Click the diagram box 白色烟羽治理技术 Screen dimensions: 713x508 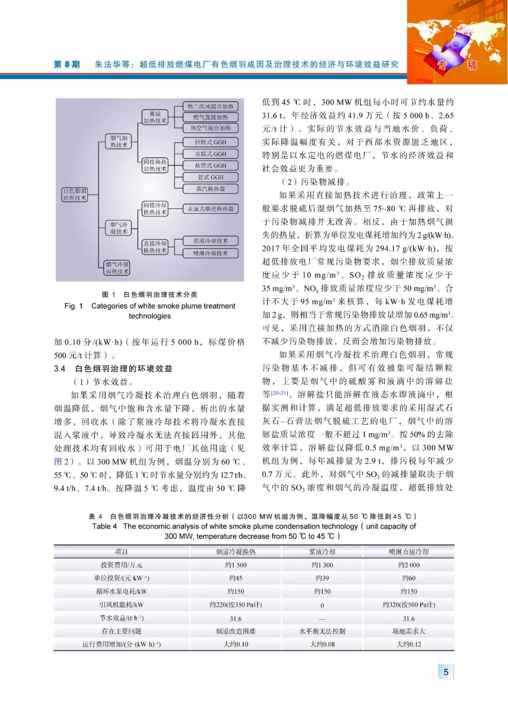point(75,194)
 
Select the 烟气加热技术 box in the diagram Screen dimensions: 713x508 point(119,141)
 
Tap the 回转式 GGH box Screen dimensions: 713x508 point(210,142)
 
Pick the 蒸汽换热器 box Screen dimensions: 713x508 point(210,189)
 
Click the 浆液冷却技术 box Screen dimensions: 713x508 point(210,241)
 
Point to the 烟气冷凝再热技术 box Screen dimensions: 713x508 point(117,268)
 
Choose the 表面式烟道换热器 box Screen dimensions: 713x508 point(210,208)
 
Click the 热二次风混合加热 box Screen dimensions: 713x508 point(210,106)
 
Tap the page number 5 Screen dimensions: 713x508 point(446,672)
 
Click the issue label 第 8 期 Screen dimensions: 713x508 point(67,64)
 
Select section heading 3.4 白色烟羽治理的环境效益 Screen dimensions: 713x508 point(113,369)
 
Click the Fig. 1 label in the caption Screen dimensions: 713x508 point(74,306)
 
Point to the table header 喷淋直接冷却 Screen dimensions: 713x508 point(408,552)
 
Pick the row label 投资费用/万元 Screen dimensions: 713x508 point(121,565)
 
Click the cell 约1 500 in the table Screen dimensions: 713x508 point(236,565)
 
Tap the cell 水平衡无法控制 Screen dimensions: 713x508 point(322,631)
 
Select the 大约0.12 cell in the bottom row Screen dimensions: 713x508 point(408,644)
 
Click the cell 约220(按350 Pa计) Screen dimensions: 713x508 point(236,605)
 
